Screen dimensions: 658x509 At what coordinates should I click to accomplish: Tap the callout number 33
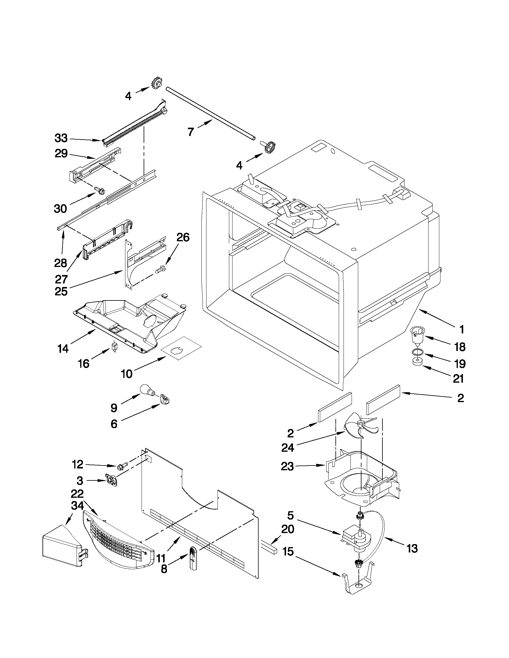point(61,138)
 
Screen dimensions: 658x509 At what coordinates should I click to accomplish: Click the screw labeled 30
point(101,190)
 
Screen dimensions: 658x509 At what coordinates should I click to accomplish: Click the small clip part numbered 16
point(115,346)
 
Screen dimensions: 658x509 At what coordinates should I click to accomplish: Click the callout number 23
point(287,467)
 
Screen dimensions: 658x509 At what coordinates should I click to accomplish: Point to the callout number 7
point(190,132)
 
